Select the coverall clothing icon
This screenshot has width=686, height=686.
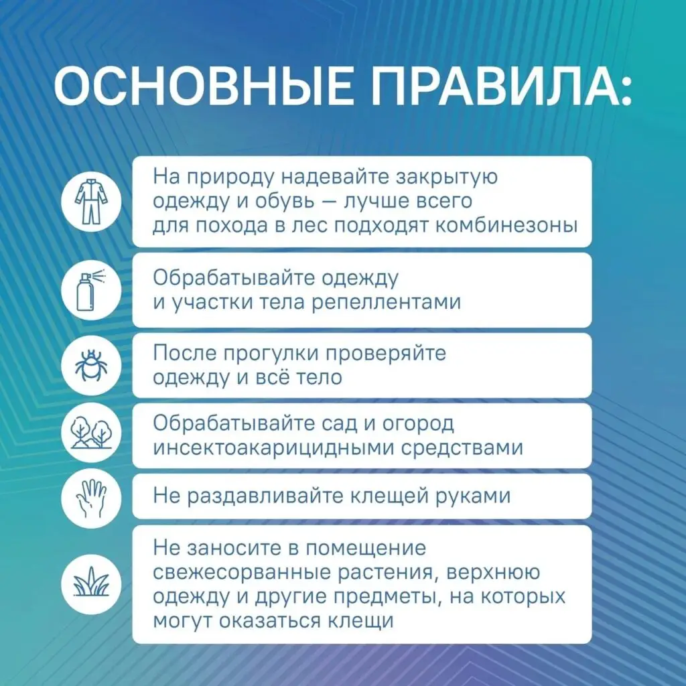pyautogui.click(x=91, y=201)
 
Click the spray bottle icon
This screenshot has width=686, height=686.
pyautogui.click(x=91, y=289)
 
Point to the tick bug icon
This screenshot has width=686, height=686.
pyautogui.click(x=91, y=365)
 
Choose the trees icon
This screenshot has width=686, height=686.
pyautogui.click(x=91, y=432)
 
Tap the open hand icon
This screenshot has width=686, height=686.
pyautogui.click(x=91, y=498)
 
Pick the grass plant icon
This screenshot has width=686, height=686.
pyautogui.click(x=91, y=583)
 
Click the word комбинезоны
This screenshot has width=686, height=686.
pyautogui.click(x=507, y=226)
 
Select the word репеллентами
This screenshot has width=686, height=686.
pyautogui.click(x=387, y=303)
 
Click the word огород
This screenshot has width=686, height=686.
pyautogui.click(x=418, y=424)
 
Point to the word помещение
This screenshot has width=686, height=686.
pyautogui.click(x=366, y=549)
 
